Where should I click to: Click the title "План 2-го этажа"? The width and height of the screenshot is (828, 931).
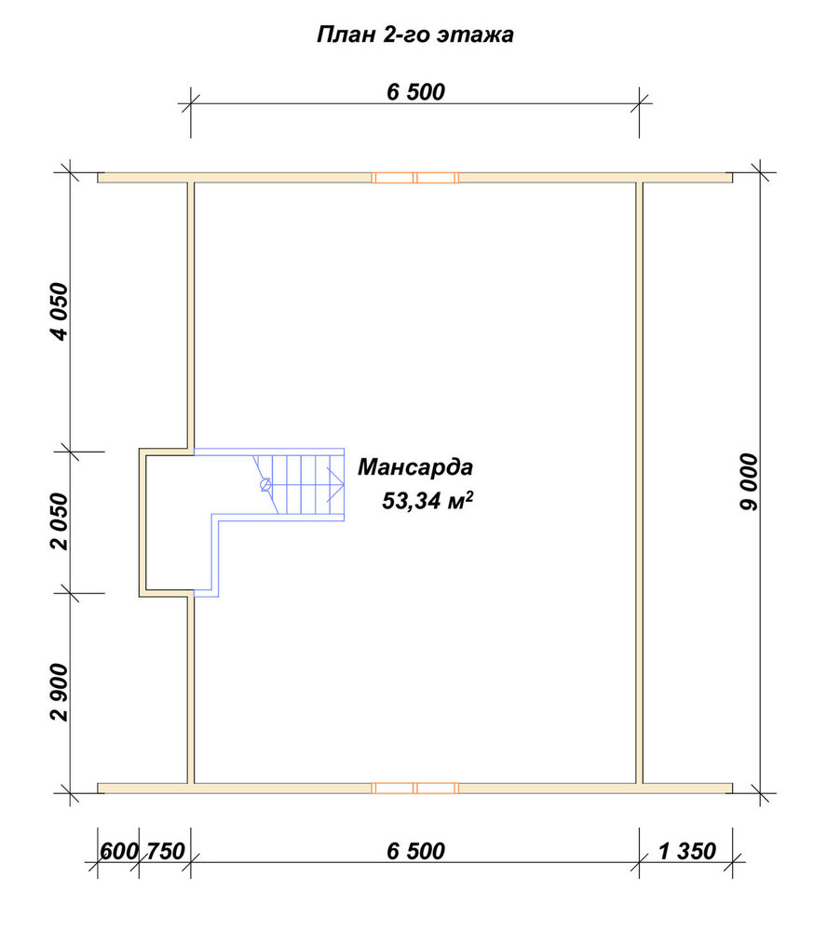click(415, 34)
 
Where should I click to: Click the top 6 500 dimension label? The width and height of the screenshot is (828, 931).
click(415, 92)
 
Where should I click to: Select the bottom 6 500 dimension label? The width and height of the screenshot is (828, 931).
click(415, 851)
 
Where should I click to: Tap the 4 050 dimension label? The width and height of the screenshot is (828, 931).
click(60, 312)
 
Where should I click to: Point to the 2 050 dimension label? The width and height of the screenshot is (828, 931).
click(60, 521)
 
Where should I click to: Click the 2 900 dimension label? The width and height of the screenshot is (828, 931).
click(60, 692)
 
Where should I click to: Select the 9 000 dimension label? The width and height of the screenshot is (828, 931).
click(749, 482)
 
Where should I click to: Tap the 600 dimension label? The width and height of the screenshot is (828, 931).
click(119, 851)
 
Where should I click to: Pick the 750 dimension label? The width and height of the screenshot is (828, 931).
click(166, 851)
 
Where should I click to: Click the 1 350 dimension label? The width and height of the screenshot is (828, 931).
click(687, 851)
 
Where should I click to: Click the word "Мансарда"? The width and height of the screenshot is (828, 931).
click(415, 467)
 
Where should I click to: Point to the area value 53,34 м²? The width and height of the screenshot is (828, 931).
click(428, 501)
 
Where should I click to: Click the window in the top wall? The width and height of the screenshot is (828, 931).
click(415, 177)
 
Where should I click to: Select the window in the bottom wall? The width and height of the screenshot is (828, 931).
click(415, 788)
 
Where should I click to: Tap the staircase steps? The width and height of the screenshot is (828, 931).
click(300, 484)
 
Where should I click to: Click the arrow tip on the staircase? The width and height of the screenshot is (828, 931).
click(344, 484)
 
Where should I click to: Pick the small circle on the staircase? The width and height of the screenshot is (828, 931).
click(265, 485)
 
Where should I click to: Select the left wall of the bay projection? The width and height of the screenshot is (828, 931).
click(143, 522)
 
